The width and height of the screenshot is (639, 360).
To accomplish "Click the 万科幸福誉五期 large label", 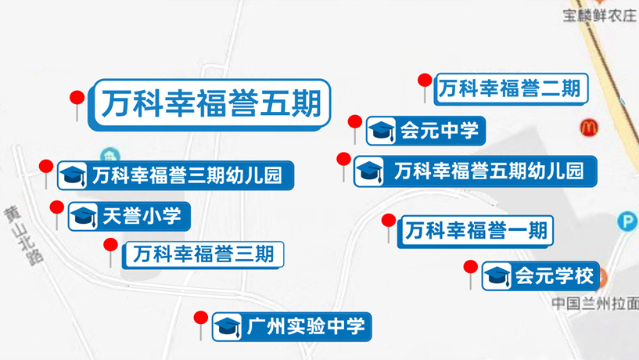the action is point(210,104).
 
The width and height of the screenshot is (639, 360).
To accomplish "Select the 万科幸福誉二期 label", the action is point(511,89).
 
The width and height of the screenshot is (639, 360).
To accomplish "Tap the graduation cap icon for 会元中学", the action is point(381,131).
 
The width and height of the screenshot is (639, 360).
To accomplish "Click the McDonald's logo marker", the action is point(589,128).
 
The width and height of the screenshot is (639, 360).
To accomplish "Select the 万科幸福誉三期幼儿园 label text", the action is point(187,175).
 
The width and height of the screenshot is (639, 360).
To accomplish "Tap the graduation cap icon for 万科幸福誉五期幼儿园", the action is point(369,171).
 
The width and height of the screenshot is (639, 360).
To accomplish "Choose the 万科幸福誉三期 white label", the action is point(203,255).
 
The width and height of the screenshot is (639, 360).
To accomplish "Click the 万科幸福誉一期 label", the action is point(476,231).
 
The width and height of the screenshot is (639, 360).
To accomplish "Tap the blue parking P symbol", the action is point(626,221).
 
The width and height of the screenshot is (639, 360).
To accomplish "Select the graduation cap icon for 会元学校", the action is point(497,276).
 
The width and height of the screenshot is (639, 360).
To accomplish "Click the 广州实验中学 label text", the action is point(306,326).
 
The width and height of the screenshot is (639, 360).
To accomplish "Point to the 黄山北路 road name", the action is point(23,236).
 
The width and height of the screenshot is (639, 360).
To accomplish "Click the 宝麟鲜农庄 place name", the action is point(599,16).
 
